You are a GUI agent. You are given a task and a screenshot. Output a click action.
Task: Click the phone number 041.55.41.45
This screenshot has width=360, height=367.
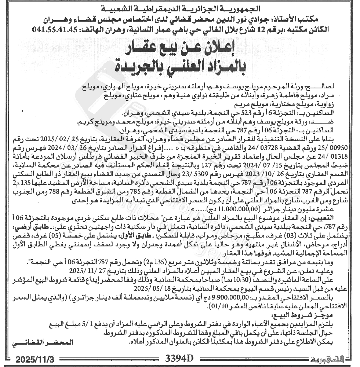point(54,29)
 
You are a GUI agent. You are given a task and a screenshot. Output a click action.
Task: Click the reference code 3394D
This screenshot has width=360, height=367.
point(179,357)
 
